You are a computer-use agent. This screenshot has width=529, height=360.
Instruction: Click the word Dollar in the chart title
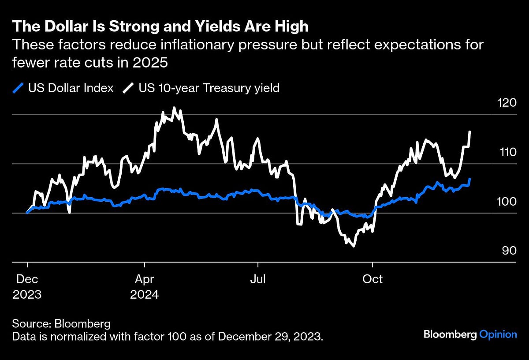pos(60,26)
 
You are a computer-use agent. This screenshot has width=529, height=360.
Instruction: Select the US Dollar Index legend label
pos(71,88)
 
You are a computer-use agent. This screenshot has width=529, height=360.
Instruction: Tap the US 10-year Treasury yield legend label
pos(209,88)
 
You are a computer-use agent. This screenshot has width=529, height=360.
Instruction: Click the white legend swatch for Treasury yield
pos(129,88)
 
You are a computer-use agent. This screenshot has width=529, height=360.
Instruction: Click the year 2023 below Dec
pos(27,294)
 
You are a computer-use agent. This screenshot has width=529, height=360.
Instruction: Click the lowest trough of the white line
pos(353,246)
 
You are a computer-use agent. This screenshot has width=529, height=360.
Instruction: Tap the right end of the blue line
pos(470,179)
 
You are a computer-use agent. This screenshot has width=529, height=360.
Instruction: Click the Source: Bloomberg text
pos(61,323)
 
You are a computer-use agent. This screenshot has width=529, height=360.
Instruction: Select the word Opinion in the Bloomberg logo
pos(498,334)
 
